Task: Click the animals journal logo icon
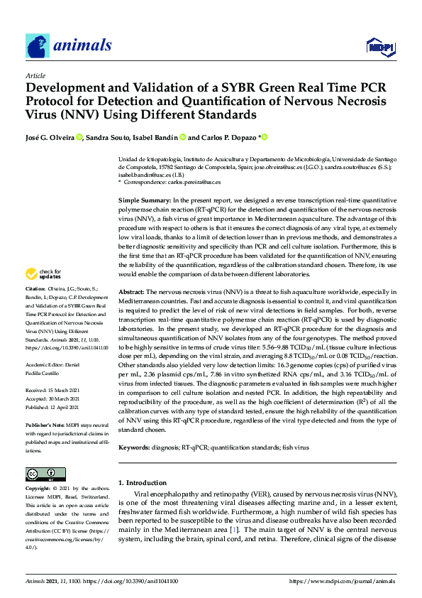click(x=38, y=46)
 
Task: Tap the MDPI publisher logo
click(x=381, y=47)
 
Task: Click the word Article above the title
click(x=35, y=75)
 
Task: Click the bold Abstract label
click(x=131, y=312)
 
